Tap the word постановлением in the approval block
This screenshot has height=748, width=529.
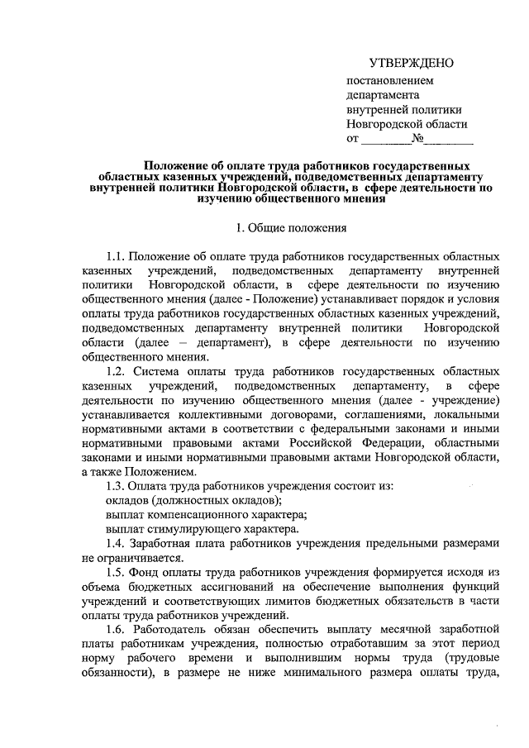389,81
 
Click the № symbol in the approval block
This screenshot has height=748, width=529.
417,138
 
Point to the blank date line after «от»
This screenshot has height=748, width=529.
384,139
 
